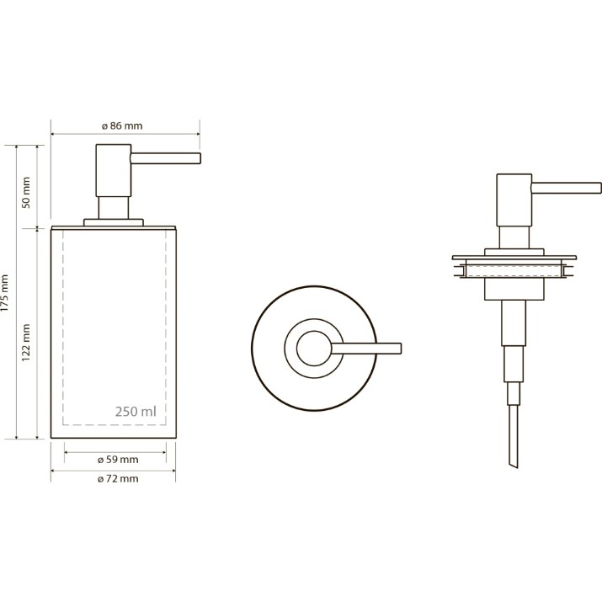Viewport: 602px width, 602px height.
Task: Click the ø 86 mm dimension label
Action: [122, 126]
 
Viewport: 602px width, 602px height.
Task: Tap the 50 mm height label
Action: [26, 192]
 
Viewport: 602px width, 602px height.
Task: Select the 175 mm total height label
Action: [4, 293]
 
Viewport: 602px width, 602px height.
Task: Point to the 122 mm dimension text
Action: [26, 343]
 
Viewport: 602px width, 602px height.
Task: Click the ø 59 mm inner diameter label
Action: [118, 459]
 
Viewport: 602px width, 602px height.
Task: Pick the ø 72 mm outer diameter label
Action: [118, 478]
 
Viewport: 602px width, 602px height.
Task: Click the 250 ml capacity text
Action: [136, 412]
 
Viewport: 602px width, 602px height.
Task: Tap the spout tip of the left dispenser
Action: [200, 158]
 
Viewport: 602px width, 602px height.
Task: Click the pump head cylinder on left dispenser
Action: [114, 170]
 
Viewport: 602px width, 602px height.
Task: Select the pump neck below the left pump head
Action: [114, 208]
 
